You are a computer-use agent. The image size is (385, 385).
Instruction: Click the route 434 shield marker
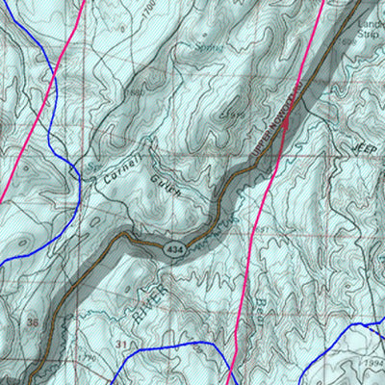[171, 249]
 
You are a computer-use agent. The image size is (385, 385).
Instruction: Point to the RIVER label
[158, 298]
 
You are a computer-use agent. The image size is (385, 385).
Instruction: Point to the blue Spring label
[206, 46]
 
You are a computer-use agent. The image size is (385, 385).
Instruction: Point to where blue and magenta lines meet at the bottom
[232, 371]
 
